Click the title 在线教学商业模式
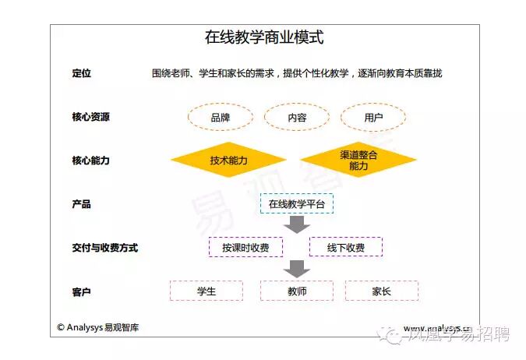click(x=263, y=37)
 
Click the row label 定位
click(x=81, y=73)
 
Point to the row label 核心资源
click(x=90, y=117)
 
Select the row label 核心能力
click(x=90, y=161)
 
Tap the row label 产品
click(x=81, y=204)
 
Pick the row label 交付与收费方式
click(x=104, y=248)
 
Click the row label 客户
click(x=81, y=291)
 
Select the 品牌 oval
click(x=221, y=118)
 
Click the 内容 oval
click(x=297, y=118)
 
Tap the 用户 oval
click(x=373, y=118)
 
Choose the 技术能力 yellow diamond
click(x=228, y=161)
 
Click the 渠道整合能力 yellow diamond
click(x=358, y=161)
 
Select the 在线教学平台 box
click(x=296, y=204)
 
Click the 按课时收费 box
click(x=245, y=248)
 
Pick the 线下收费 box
click(x=346, y=248)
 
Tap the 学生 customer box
click(x=207, y=291)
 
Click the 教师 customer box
click(x=296, y=291)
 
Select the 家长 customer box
click(x=382, y=291)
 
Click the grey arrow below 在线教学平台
click(x=296, y=225)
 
